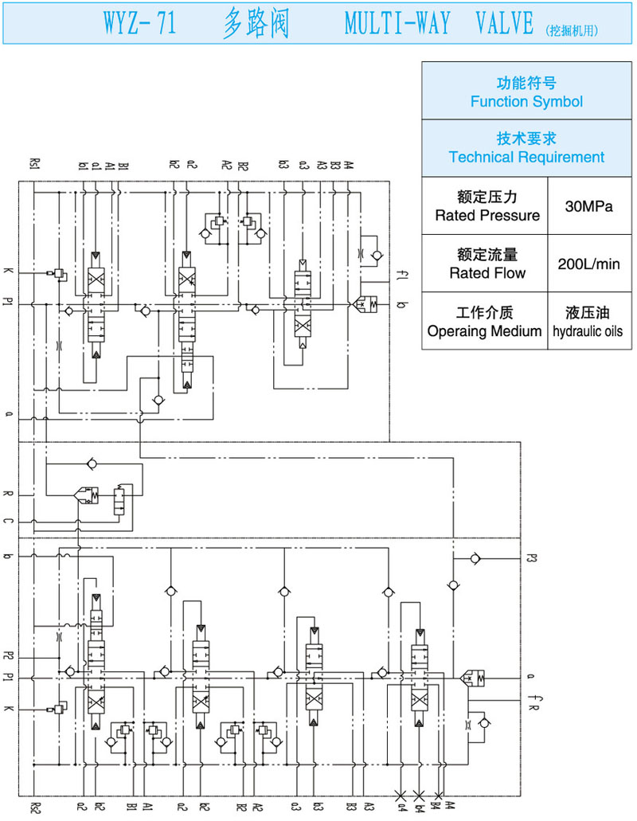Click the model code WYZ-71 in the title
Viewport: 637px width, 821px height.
(140, 25)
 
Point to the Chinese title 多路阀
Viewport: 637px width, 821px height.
(255, 25)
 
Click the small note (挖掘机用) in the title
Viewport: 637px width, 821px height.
(572, 31)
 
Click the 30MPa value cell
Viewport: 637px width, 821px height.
(588, 206)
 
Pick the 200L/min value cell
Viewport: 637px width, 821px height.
(588, 264)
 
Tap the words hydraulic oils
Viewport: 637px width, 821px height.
(588, 331)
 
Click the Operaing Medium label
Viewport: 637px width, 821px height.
(484, 331)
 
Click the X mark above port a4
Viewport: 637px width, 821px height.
(400, 795)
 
